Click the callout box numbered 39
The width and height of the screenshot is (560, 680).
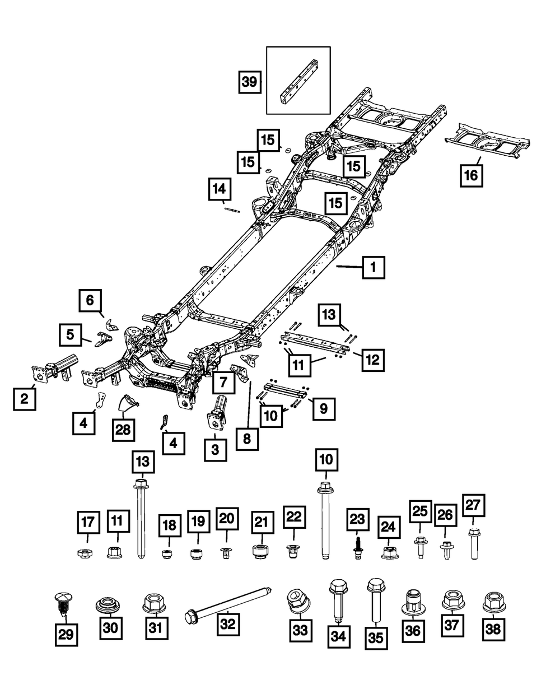250,82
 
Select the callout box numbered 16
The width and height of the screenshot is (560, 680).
471,175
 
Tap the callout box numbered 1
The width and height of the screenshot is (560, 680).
374,267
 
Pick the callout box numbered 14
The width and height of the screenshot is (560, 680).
220,189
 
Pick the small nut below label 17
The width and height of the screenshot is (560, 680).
85,553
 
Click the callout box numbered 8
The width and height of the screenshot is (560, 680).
247,439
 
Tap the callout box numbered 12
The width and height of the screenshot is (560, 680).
373,360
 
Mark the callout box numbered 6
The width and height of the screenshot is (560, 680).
90,300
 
